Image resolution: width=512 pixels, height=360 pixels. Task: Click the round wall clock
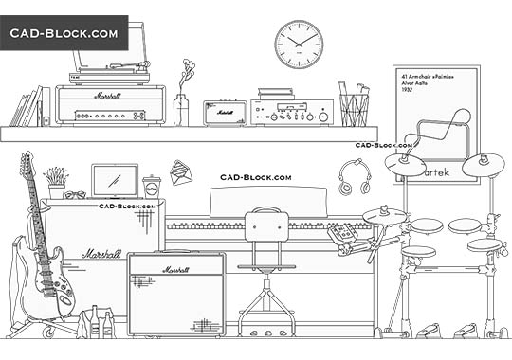click(300, 45)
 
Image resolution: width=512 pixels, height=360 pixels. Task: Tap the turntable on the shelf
click(110, 61)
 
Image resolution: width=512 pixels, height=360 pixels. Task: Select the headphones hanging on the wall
click(354, 177)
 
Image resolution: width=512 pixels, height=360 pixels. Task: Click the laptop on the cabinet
click(115, 180)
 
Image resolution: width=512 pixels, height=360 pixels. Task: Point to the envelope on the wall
click(181, 172)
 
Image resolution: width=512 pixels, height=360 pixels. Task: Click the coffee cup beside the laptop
click(152, 186)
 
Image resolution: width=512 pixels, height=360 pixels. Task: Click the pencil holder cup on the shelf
click(353, 109)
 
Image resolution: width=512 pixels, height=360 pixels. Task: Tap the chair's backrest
click(266, 227)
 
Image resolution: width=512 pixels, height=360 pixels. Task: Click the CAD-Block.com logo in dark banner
click(64, 33)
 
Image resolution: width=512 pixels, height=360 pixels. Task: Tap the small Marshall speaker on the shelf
click(225, 113)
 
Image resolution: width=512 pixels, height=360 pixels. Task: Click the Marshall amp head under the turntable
click(110, 104)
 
